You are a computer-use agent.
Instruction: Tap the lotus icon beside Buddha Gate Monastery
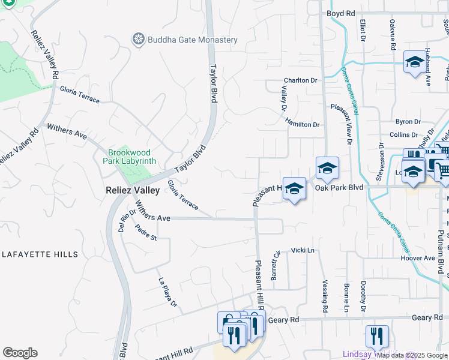coord(139,40)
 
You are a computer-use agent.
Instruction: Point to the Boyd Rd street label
coord(341,13)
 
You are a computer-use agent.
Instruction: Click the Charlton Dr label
coord(300,80)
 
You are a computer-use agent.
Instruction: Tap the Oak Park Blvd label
coord(340,187)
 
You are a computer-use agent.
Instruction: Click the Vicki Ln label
coord(303,250)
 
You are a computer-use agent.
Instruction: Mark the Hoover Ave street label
coord(417,258)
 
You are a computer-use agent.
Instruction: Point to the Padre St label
coord(145,232)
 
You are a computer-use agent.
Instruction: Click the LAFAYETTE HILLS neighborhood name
coord(40,254)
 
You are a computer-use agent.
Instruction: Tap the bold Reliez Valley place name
coord(133,190)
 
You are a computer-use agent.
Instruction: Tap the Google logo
coord(20,353)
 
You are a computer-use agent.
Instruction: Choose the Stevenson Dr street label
coord(381,162)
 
